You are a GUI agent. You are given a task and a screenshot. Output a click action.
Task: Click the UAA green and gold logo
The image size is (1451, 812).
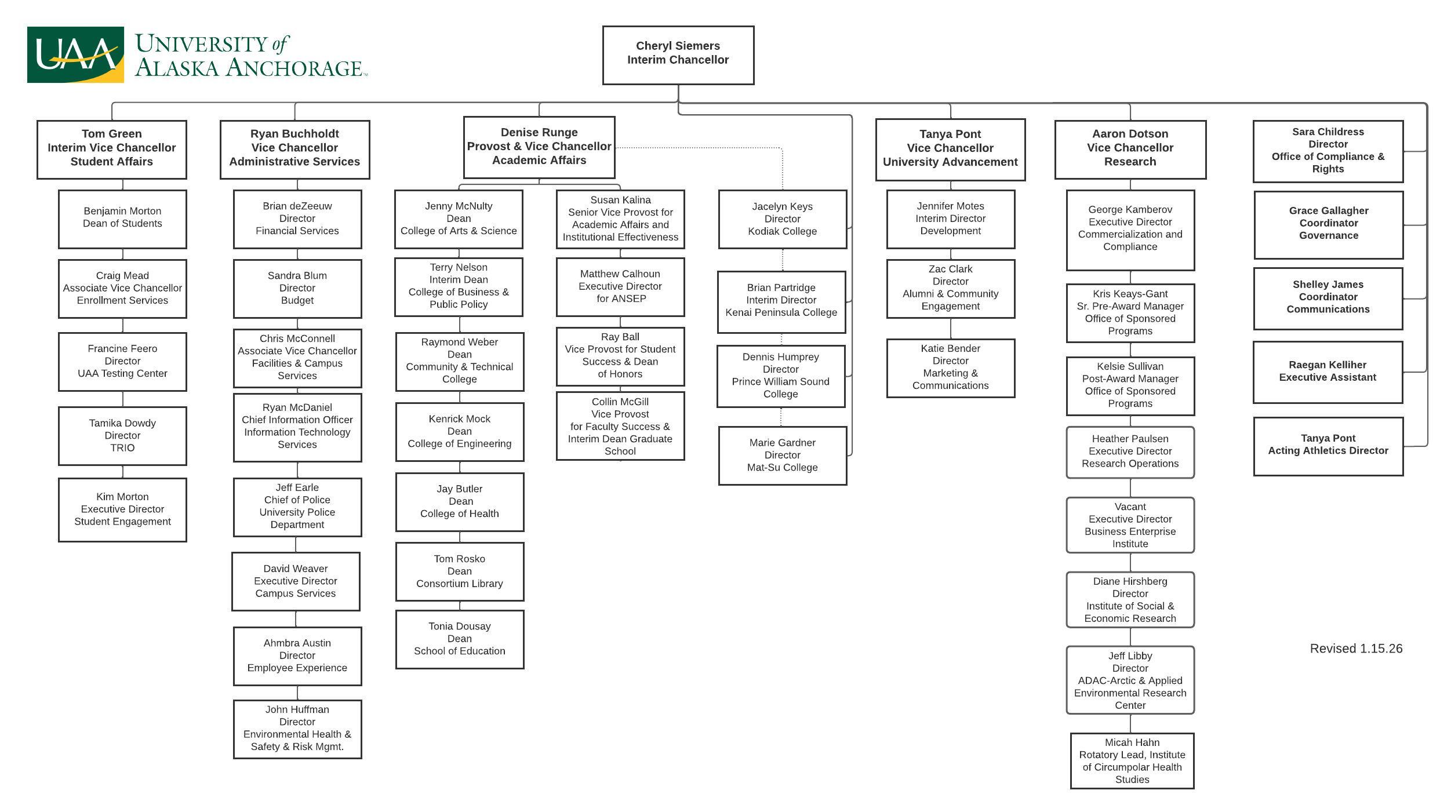(75, 54)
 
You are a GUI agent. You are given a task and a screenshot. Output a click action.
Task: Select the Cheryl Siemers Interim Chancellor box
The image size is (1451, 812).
(678, 55)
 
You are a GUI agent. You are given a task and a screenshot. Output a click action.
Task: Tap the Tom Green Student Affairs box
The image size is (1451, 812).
(112, 149)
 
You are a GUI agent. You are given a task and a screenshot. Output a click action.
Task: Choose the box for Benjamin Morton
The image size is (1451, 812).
(122, 219)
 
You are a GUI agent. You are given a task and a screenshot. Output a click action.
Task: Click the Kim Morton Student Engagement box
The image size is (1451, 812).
(122, 509)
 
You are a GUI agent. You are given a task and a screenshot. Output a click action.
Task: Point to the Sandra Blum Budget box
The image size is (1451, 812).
(297, 289)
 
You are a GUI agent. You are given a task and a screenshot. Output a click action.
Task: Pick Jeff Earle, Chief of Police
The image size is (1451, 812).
(297, 507)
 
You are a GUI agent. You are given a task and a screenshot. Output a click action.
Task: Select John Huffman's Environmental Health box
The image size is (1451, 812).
(297, 729)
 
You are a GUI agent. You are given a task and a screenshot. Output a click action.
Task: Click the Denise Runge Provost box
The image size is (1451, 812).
(539, 147)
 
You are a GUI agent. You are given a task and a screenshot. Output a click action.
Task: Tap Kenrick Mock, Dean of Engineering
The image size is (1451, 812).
(460, 432)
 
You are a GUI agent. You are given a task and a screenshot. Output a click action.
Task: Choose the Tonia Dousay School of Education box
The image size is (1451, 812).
(460, 639)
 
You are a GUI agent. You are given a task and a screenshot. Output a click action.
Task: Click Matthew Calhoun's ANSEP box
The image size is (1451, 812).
(620, 287)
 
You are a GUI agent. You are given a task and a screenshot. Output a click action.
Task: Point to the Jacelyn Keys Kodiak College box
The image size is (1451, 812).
(782, 219)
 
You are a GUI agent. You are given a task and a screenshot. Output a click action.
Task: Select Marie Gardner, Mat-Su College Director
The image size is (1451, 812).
(782, 456)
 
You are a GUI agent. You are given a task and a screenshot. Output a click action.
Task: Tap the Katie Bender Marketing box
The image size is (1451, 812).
(950, 368)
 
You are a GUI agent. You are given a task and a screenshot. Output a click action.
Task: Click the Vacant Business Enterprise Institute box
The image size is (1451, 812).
(1130, 525)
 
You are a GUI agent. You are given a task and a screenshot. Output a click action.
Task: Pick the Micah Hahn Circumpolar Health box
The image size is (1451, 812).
(1132, 761)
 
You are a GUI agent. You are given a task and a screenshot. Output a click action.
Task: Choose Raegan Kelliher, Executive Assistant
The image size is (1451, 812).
(1328, 372)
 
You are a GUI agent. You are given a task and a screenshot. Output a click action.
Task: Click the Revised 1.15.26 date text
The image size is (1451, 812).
(1356, 649)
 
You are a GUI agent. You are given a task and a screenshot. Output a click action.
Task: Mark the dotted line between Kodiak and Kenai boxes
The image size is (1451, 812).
(783, 260)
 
